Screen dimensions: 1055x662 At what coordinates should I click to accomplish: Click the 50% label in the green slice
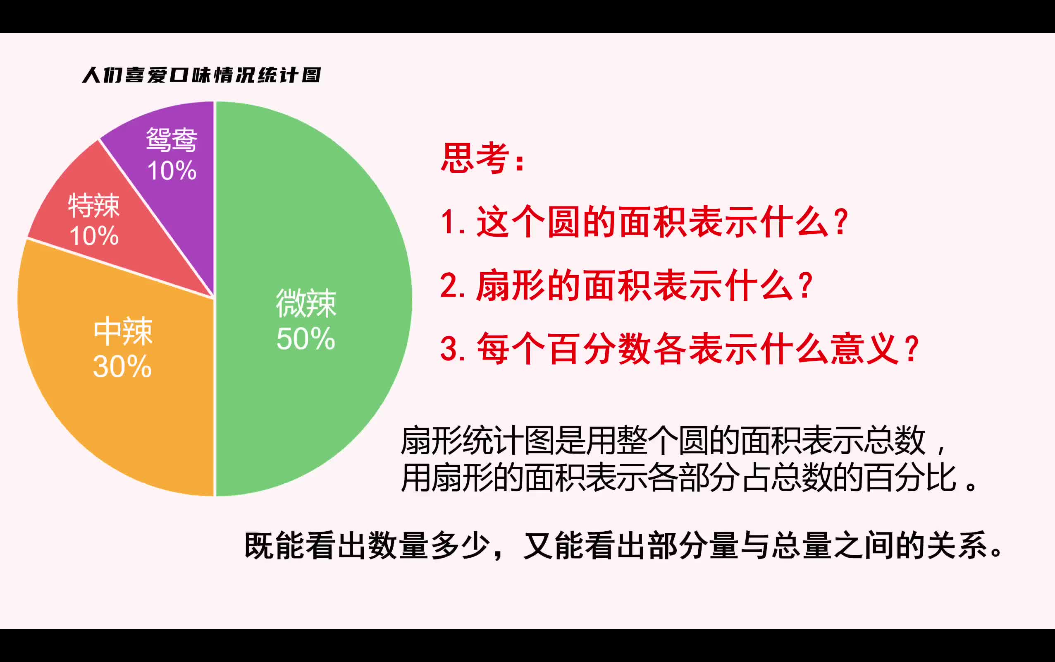(306, 338)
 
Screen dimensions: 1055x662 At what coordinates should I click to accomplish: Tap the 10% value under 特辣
(94, 236)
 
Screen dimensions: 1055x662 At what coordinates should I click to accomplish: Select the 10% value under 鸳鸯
(172, 170)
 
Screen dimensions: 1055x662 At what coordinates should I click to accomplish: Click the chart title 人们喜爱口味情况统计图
(202, 75)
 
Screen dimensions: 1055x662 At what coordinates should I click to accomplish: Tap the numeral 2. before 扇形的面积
(453, 285)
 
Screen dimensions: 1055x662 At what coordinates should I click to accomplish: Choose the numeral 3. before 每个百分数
(453, 349)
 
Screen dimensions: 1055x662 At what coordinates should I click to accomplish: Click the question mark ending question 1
(841, 221)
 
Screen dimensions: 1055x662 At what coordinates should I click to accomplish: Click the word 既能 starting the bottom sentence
(274, 546)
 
